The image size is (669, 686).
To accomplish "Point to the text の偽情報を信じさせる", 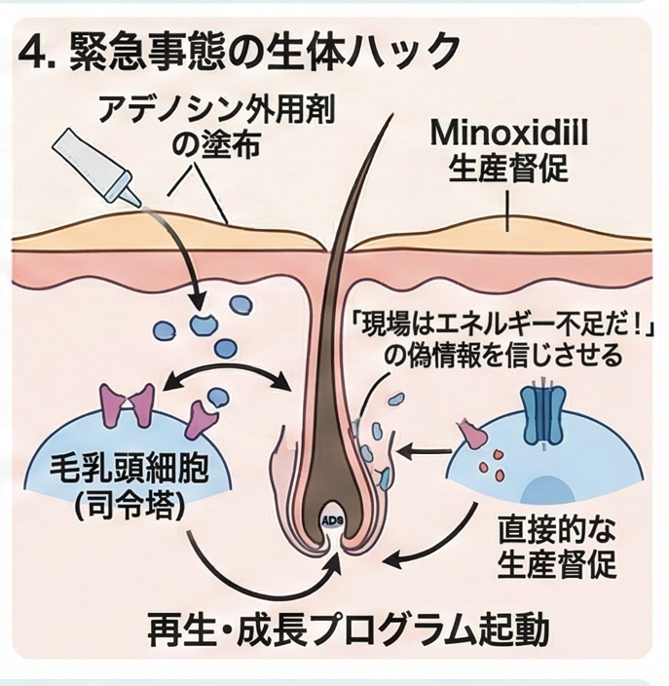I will coord(501,356).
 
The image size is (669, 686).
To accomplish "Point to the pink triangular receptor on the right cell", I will coord(472,431).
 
